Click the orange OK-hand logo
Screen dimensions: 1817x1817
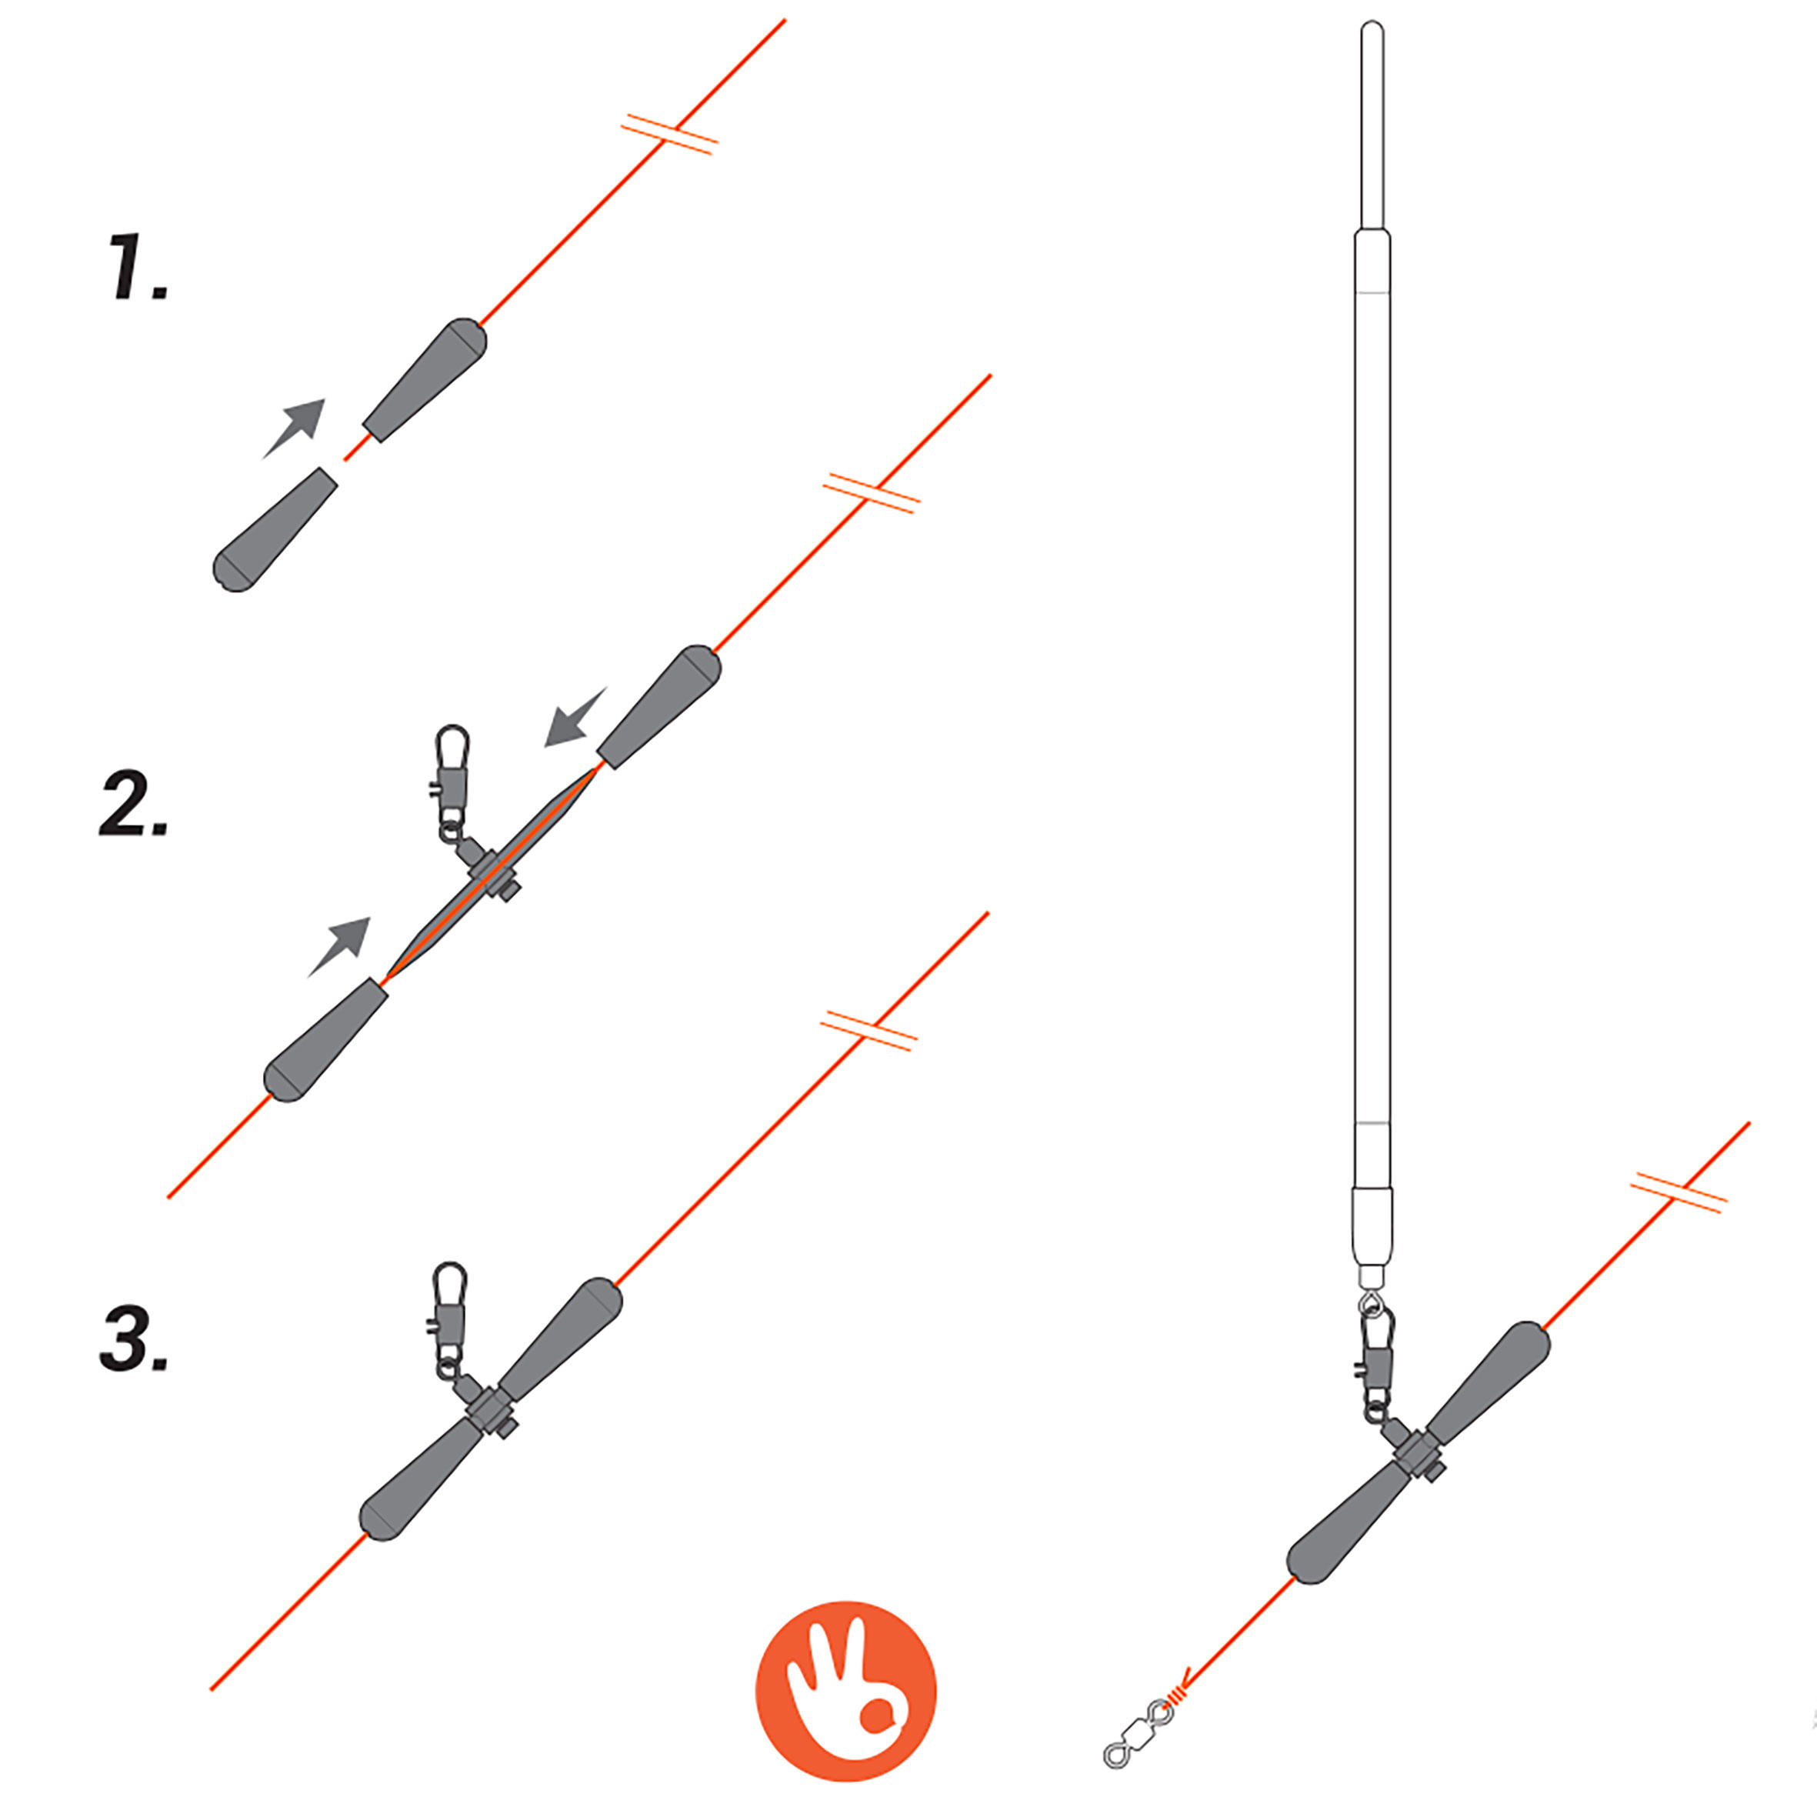845,1691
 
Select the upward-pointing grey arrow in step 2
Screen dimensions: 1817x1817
339,946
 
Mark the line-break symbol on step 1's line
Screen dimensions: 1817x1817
669,135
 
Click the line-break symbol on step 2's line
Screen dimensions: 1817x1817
871,494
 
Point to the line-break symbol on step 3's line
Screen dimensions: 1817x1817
868,1031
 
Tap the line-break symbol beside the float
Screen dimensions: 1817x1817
1679,1192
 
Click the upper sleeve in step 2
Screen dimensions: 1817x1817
659,707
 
